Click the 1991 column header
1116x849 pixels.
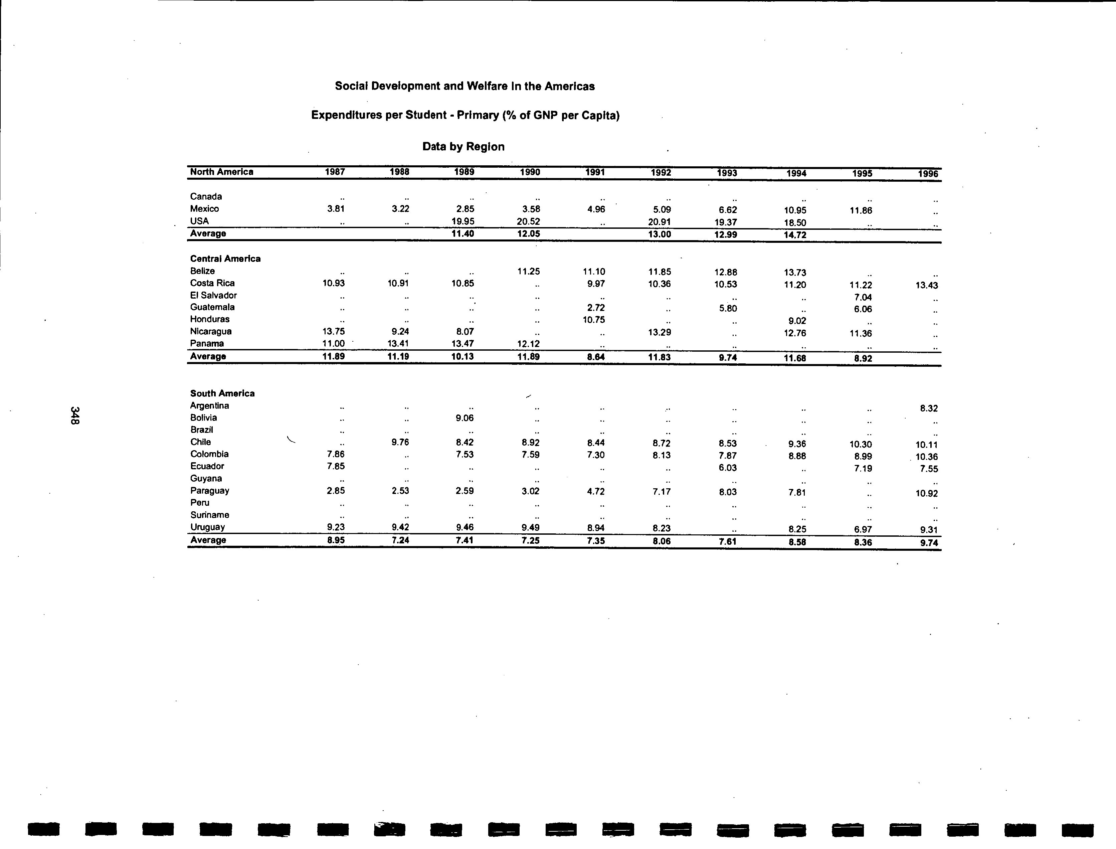[595, 172]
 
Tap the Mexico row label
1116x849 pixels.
[205, 209]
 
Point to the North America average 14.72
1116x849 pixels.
[795, 235]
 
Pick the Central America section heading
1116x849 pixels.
[225, 259]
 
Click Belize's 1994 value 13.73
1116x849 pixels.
[795, 273]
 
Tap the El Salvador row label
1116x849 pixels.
[213, 295]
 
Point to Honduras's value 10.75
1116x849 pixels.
[594, 319]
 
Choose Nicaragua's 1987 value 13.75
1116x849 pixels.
[334, 332]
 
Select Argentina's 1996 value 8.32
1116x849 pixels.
[929, 408]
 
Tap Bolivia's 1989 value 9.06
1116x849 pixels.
[464, 418]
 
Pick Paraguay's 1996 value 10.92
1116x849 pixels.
[927, 493]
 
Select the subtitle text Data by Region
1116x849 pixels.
[463, 147]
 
